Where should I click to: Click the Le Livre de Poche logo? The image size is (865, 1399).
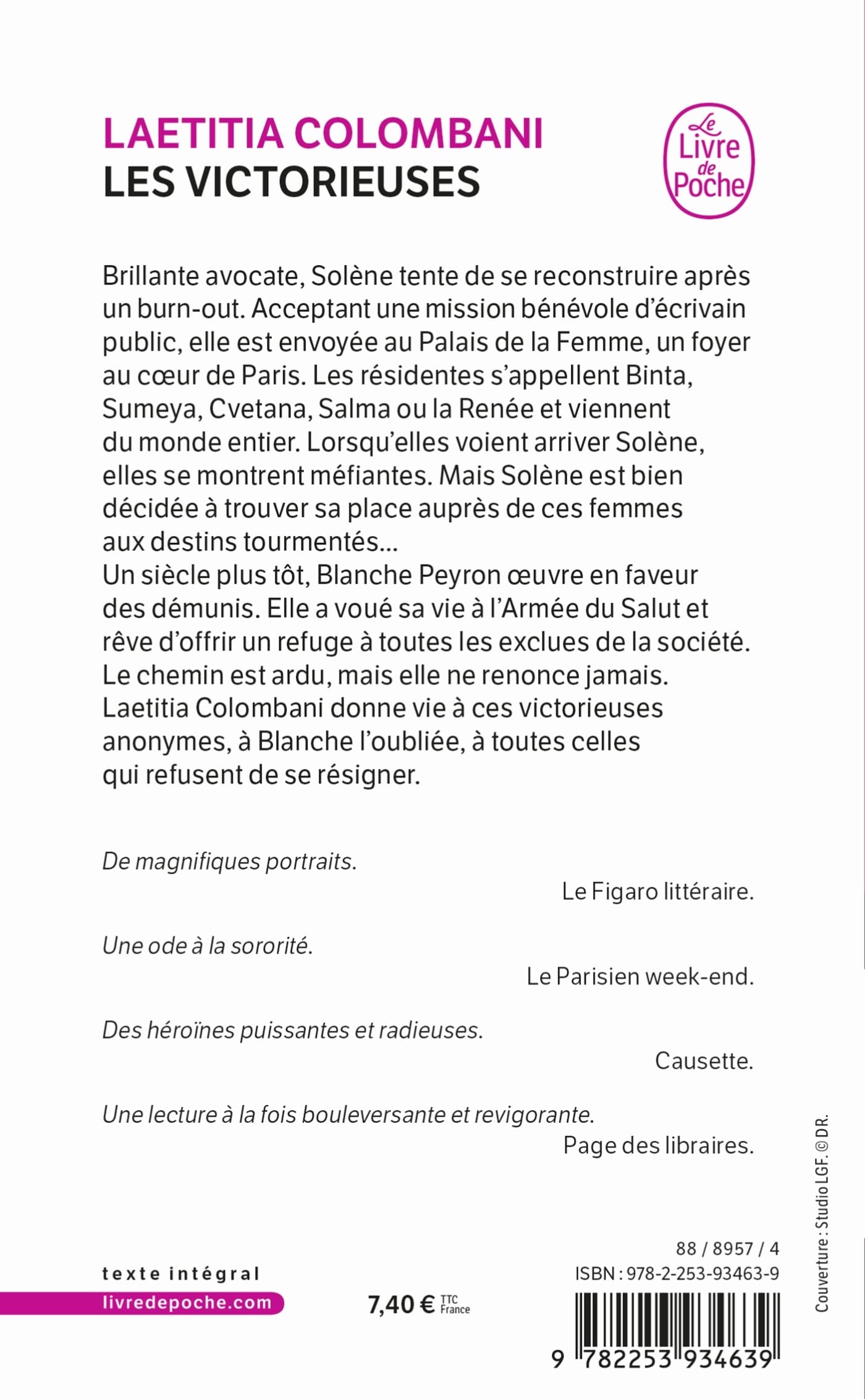(x=709, y=161)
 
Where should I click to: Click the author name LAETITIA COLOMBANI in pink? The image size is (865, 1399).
(x=323, y=133)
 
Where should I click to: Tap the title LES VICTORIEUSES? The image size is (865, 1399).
(x=291, y=182)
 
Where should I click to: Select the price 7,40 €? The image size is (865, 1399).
(x=401, y=1304)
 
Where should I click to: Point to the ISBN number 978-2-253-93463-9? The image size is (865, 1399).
(x=703, y=1273)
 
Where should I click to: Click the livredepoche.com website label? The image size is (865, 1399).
(x=187, y=1303)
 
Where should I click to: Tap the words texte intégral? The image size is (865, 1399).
(x=180, y=1273)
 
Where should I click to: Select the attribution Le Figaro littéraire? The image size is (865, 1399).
(x=657, y=891)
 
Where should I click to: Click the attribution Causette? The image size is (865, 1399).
(x=704, y=1061)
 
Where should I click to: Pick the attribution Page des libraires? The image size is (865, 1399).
(x=658, y=1145)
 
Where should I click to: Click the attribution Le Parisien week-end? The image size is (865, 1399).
(x=640, y=976)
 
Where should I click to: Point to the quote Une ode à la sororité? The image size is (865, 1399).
(x=208, y=946)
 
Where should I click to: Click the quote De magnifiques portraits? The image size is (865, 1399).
(x=229, y=861)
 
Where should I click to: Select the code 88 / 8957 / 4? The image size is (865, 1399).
(x=727, y=1248)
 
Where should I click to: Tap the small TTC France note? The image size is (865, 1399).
(x=455, y=1304)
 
